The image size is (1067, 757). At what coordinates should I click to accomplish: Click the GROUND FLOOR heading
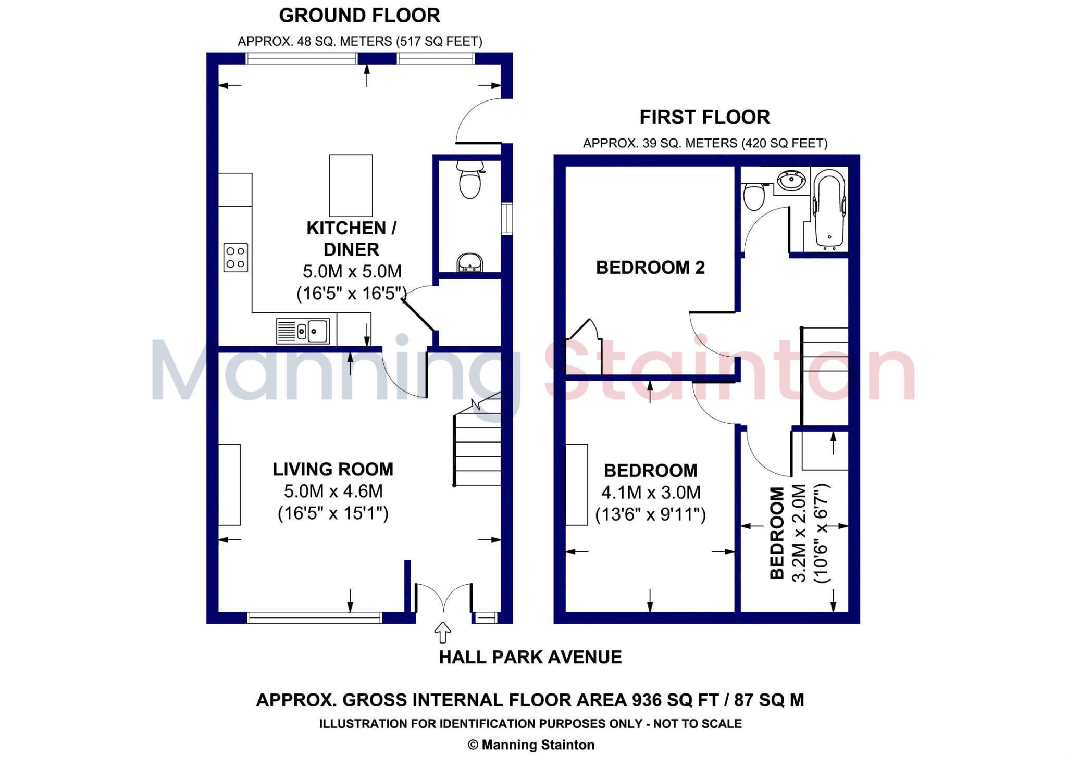coord(359,16)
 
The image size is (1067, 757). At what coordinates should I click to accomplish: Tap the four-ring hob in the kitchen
coord(235,257)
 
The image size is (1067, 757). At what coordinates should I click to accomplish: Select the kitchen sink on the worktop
coord(303,331)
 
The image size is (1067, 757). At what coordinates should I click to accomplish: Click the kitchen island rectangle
coord(351,185)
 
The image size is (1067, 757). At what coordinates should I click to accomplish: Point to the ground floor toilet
coord(470,181)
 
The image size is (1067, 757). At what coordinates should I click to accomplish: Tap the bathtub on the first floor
coord(828,209)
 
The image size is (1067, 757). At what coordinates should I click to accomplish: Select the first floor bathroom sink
coord(791,181)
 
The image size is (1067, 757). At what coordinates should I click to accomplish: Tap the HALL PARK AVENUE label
coord(530,657)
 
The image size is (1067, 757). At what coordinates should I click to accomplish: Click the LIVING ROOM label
coord(333,469)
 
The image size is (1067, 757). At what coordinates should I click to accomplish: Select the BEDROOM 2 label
coord(650,268)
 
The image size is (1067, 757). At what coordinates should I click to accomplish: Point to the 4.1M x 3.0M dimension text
coord(651,493)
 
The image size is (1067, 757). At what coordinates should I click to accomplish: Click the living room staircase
coord(477,448)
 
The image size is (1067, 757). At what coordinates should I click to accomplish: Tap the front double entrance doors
coord(443,598)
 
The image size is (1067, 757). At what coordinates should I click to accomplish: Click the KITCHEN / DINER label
coord(351,238)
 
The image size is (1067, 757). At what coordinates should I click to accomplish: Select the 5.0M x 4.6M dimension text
coord(333,491)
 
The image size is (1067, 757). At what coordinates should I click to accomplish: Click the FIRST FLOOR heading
coord(704,118)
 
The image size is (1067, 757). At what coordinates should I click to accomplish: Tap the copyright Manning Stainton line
coord(531,745)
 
